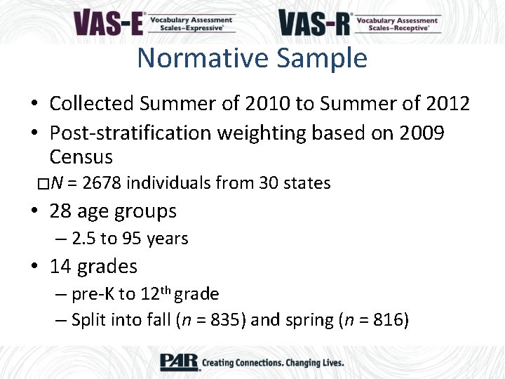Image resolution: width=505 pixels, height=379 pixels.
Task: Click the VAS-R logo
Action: (x=360, y=22)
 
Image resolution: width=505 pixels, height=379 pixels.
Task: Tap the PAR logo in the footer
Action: (x=179, y=362)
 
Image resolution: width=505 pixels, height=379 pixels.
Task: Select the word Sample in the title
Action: (x=322, y=58)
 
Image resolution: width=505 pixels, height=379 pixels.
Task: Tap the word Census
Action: (x=81, y=157)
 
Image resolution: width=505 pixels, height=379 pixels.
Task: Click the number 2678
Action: (x=102, y=183)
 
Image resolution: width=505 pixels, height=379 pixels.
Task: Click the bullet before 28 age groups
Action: (x=34, y=211)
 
